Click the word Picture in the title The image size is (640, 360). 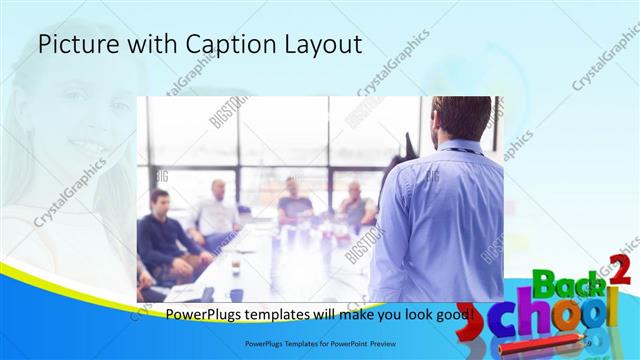coord(73,45)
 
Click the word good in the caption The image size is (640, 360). coord(456,317)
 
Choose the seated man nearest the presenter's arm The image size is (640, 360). coord(356,204)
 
